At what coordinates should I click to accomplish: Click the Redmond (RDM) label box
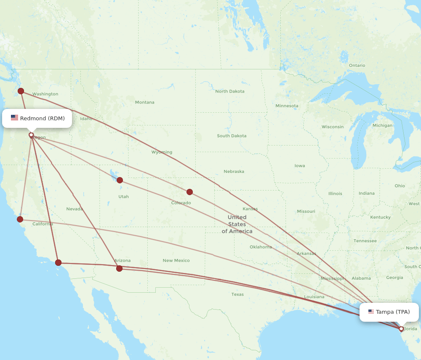point(37,118)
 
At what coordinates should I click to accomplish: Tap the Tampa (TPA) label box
point(389,312)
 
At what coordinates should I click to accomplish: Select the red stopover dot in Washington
point(21,91)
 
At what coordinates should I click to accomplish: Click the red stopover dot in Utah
point(120,180)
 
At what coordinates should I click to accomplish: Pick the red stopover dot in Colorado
point(189,192)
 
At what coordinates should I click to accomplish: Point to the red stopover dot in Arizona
point(119,268)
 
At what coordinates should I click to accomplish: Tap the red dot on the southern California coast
point(58,262)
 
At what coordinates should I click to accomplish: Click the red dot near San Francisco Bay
point(20,219)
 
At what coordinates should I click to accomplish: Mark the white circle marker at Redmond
point(31,135)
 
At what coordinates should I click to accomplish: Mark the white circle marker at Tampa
point(401,329)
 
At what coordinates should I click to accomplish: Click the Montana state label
point(144,102)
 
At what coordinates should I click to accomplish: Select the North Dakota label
point(229,91)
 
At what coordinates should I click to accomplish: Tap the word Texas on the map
point(237,294)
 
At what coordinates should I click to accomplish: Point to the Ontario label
point(357,65)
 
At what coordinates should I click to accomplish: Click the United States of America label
point(237,224)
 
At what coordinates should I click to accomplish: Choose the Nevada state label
point(74,209)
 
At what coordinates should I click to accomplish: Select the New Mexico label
point(176,260)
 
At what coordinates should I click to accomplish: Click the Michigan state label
point(382,125)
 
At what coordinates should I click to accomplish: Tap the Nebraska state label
point(234,171)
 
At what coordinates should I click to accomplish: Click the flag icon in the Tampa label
point(371,312)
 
